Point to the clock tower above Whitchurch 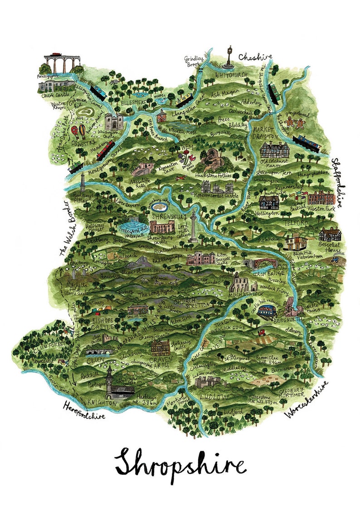pyautogui.click(x=230, y=57)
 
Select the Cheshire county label pyautogui.click(x=255, y=58)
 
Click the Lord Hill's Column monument pyautogui.click(x=195, y=227)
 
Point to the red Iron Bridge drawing pyautogui.click(x=261, y=264)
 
